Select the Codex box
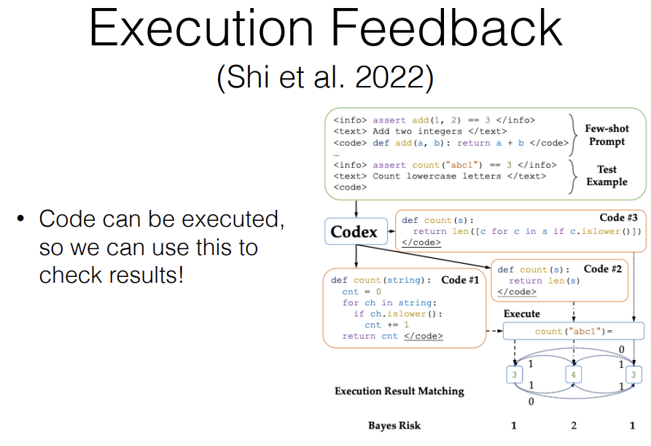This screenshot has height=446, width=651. click(x=354, y=232)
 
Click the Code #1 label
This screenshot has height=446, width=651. click(x=459, y=280)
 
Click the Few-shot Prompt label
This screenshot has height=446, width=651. click(x=607, y=135)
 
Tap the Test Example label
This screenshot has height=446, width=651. click(x=607, y=176)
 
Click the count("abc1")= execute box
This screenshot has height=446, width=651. click(x=573, y=331)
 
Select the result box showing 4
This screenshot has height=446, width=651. click(x=574, y=375)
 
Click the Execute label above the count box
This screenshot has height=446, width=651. click(x=522, y=313)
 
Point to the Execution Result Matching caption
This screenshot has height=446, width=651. click(x=399, y=391)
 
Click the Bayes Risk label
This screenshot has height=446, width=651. click(x=394, y=426)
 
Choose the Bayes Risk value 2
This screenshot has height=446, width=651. click(x=574, y=426)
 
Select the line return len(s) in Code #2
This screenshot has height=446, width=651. click(x=536, y=281)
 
